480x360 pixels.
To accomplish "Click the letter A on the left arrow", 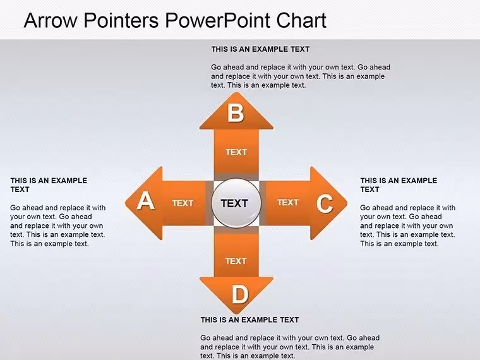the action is point(145,201).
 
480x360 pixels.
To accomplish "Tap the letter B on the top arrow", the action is point(236,113).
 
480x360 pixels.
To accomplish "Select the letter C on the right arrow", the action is point(325,203).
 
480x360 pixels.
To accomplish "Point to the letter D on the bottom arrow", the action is point(240,294).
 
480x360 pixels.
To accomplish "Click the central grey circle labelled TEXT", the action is point(236,203).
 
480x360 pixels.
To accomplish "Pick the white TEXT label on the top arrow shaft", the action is point(236,152).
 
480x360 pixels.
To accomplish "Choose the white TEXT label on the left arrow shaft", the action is point(183,203).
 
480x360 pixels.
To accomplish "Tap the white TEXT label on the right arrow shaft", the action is point(288,202).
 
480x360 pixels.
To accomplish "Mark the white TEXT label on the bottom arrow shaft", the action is point(236,261).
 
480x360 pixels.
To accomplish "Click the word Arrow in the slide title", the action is point(51,20).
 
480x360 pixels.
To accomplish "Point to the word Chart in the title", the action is point(301,20).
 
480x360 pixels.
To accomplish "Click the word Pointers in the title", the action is point(121,20).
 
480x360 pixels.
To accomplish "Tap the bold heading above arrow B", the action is point(260,49).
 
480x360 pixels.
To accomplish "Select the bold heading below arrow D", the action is point(249,320).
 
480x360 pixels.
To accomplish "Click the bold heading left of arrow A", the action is point(49,185).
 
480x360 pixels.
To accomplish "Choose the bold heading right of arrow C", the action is point(399,185).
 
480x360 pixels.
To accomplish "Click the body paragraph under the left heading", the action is point(58,225).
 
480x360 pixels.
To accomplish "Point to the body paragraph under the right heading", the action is point(408,225).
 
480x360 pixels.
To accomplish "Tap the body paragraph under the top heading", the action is point(301,76).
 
